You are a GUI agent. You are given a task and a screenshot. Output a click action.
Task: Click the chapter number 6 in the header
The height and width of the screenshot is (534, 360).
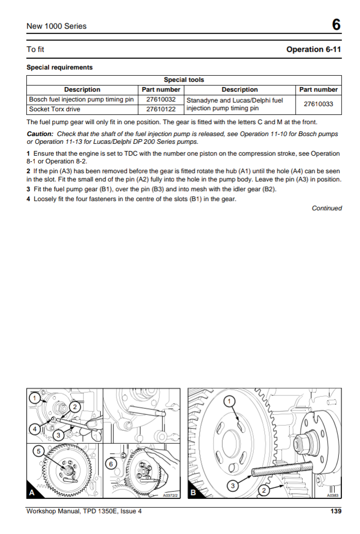pos(336,25)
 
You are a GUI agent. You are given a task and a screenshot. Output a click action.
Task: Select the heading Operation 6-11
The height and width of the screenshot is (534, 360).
pos(314,49)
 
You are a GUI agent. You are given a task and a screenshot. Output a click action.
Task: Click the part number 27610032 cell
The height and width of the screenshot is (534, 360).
pos(161,99)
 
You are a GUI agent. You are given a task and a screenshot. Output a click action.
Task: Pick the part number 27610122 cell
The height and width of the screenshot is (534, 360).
pos(161,109)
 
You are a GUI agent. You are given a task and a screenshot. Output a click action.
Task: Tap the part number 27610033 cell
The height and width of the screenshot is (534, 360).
pos(318,104)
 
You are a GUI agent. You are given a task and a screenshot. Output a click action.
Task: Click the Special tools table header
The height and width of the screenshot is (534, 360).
pos(184,80)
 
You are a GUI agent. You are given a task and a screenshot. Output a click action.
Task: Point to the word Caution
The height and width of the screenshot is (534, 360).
pos(40,134)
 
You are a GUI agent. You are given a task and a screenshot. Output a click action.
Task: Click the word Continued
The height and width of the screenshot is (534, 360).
pos(327,208)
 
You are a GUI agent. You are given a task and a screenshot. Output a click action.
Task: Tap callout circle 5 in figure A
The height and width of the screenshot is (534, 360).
pos(38,451)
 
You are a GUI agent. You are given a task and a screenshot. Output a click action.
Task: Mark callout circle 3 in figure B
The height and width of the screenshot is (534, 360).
pos(233,485)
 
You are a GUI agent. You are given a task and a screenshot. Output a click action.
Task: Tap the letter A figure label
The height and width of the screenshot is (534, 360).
pos(32,493)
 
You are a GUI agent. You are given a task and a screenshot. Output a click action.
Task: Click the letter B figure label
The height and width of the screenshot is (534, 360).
pos(193,493)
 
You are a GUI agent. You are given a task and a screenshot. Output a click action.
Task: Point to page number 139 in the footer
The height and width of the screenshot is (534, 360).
pos(336,512)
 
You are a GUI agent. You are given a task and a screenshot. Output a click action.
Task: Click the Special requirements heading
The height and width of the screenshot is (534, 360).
pos(60,68)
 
